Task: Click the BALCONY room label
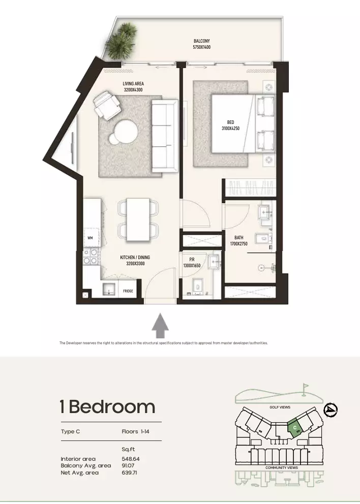pos(202,41)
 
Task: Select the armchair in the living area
pos(107,105)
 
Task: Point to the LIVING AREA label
pos(133,84)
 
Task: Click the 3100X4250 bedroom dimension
pos(230,129)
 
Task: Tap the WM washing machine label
pos(90,238)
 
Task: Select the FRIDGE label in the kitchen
pos(128,291)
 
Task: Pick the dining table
pos(138,220)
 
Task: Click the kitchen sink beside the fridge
pos(110,289)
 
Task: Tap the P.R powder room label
pos(192,260)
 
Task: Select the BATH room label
pos(238,238)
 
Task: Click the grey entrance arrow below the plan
pos(160,326)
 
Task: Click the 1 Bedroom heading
pos(108,406)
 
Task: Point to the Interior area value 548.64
pos(131,459)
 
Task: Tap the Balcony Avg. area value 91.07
pos(128,466)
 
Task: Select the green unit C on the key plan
pos(295,427)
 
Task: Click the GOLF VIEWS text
pos(280,407)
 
